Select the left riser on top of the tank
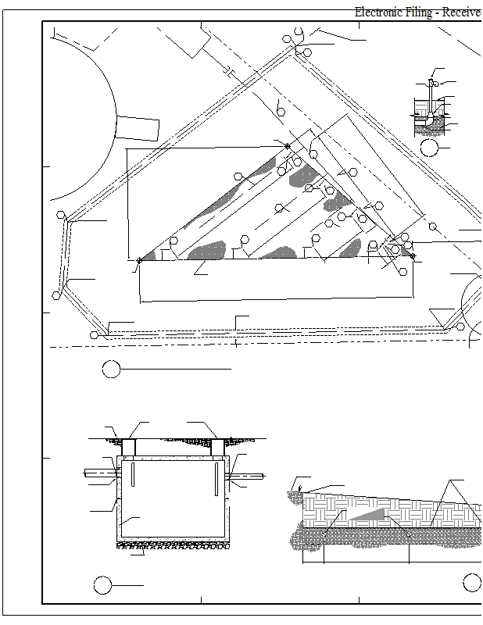(x=129, y=448)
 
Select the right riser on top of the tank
(x=217, y=448)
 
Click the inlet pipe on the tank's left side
(x=102, y=473)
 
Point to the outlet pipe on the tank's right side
(x=245, y=476)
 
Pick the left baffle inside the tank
(x=133, y=474)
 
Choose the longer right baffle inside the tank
(x=216, y=479)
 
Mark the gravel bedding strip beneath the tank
(x=173, y=545)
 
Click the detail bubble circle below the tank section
(x=102, y=585)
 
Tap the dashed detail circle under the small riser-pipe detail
(x=429, y=148)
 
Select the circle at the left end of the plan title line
(x=111, y=369)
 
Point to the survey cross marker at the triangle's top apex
(x=288, y=146)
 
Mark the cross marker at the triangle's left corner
(x=139, y=260)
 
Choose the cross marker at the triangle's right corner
(x=413, y=255)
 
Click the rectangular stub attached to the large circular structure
(x=138, y=128)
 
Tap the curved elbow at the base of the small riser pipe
(x=429, y=120)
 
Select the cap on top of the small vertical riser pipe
(x=431, y=81)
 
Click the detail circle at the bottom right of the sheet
(x=472, y=583)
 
